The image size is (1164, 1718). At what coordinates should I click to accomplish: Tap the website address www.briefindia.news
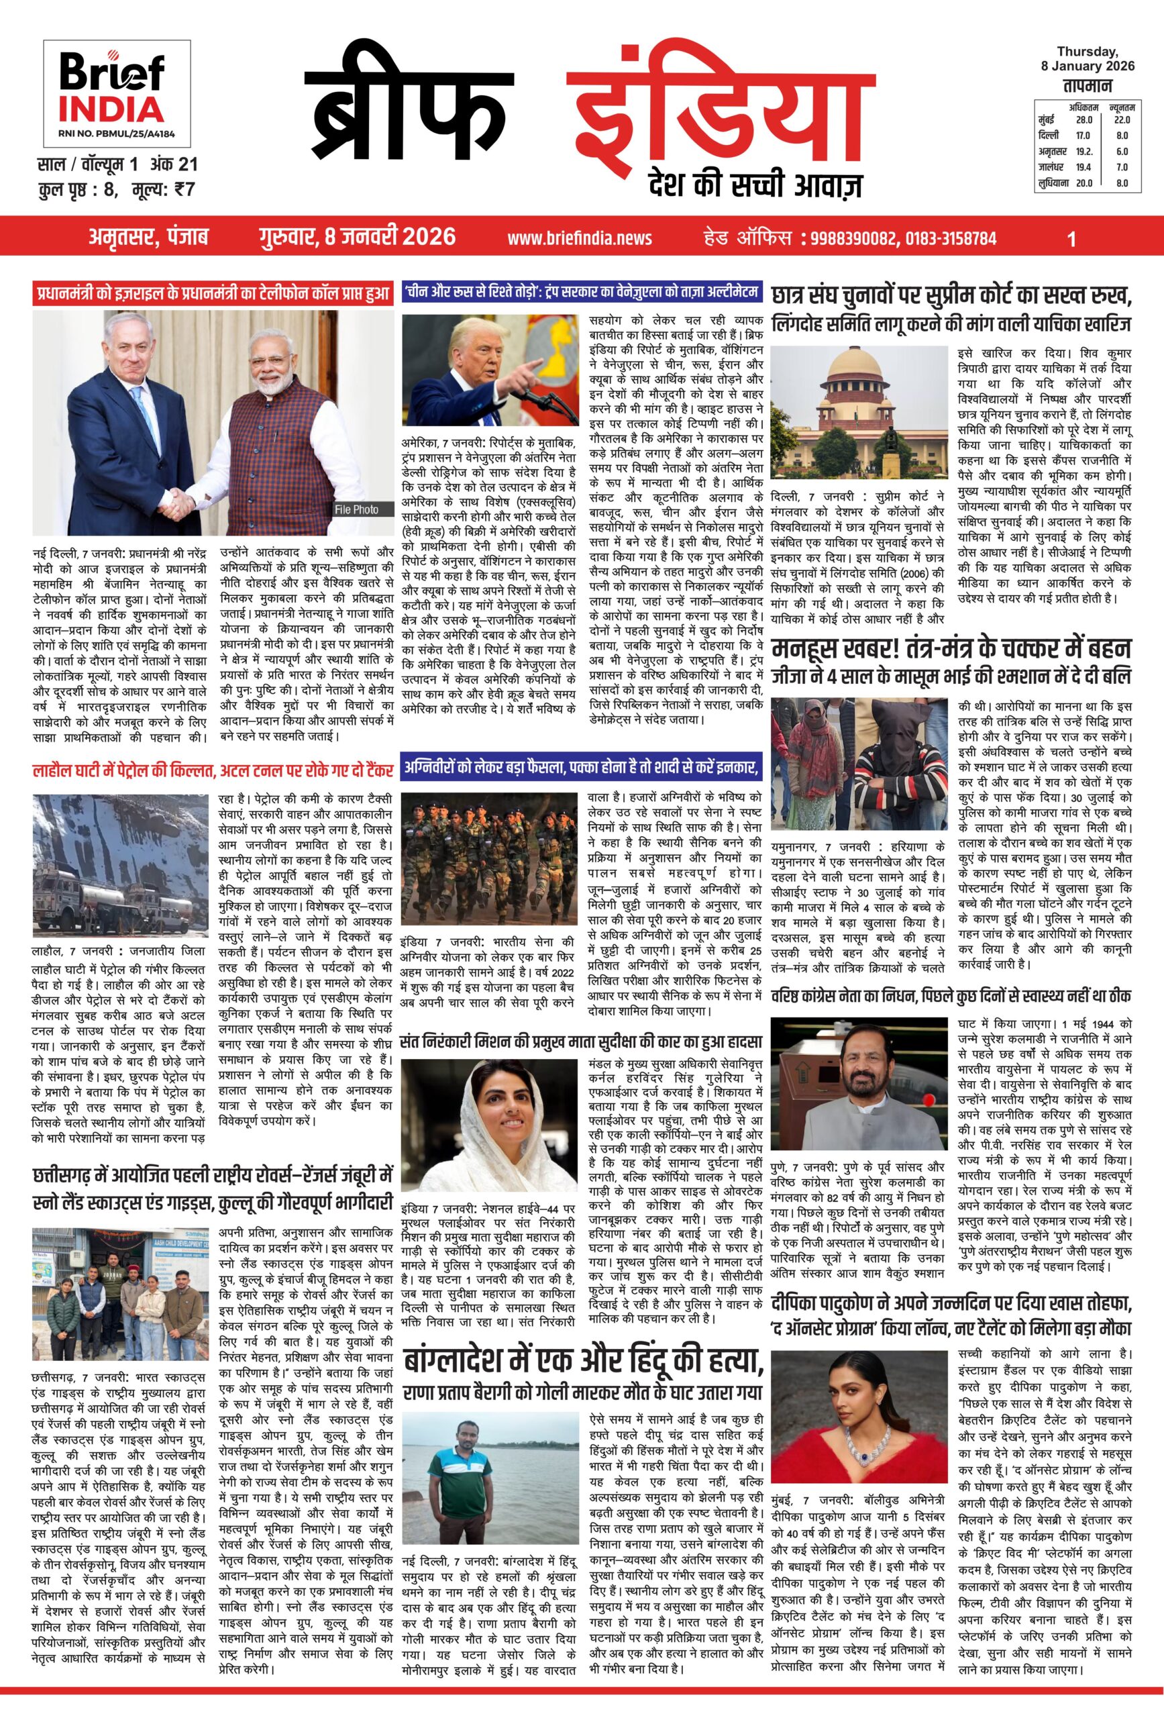[x=580, y=238]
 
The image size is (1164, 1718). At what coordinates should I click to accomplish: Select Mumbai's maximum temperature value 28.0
[x=1083, y=119]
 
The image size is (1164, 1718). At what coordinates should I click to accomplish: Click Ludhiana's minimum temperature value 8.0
[x=1122, y=183]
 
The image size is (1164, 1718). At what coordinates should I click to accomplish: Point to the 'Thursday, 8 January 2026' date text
[x=1087, y=58]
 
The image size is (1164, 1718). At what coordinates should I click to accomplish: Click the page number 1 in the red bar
[x=1071, y=238]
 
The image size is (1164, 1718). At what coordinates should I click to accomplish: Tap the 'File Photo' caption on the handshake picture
[x=356, y=509]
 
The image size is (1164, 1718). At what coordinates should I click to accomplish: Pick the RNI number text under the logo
[x=116, y=134]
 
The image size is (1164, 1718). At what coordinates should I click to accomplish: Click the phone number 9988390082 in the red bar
[x=853, y=238]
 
